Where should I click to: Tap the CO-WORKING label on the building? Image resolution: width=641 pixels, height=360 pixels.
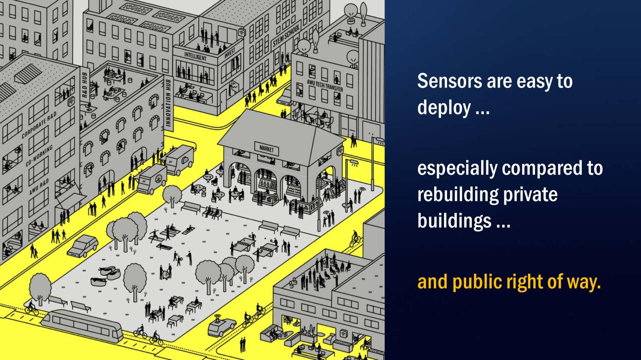[39, 156]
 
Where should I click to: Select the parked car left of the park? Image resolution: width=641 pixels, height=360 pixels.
[82, 246]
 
